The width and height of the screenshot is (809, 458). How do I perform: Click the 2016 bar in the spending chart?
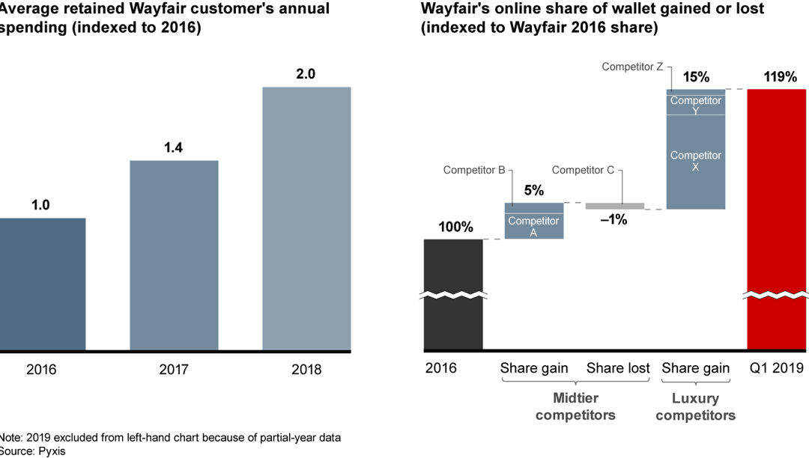(43, 284)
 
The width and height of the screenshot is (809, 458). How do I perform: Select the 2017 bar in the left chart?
(174, 254)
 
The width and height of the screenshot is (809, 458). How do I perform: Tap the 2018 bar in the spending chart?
(306, 218)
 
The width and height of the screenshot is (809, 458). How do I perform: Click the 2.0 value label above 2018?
(306, 74)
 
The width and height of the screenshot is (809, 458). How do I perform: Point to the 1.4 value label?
(174, 147)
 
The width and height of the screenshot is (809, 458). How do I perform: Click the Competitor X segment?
(695, 161)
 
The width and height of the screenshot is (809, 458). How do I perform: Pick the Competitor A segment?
(533, 226)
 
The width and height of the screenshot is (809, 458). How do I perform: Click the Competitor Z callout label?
(632, 67)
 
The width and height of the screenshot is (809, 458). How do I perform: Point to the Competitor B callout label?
(473, 170)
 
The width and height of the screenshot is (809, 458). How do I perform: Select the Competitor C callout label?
(583, 170)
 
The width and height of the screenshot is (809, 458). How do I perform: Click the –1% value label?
(613, 220)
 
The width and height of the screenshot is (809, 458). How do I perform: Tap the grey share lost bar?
(614, 206)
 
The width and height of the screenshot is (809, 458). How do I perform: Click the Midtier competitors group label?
(575, 407)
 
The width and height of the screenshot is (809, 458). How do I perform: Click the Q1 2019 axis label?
(776, 368)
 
